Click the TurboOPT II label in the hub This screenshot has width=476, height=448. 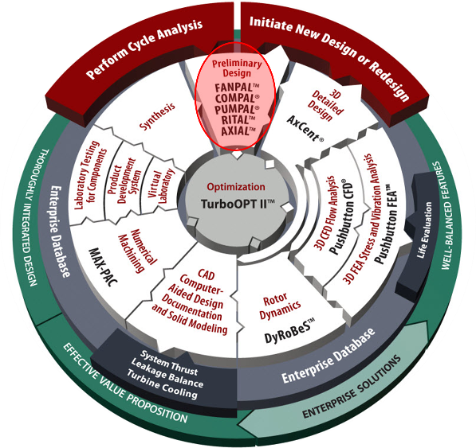(x=238, y=204)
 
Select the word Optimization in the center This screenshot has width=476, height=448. (x=236, y=187)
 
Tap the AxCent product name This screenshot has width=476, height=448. (x=305, y=128)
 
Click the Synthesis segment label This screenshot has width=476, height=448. (x=157, y=116)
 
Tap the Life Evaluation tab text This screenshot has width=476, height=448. (x=424, y=230)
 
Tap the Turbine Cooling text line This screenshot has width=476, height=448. (x=162, y=384)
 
